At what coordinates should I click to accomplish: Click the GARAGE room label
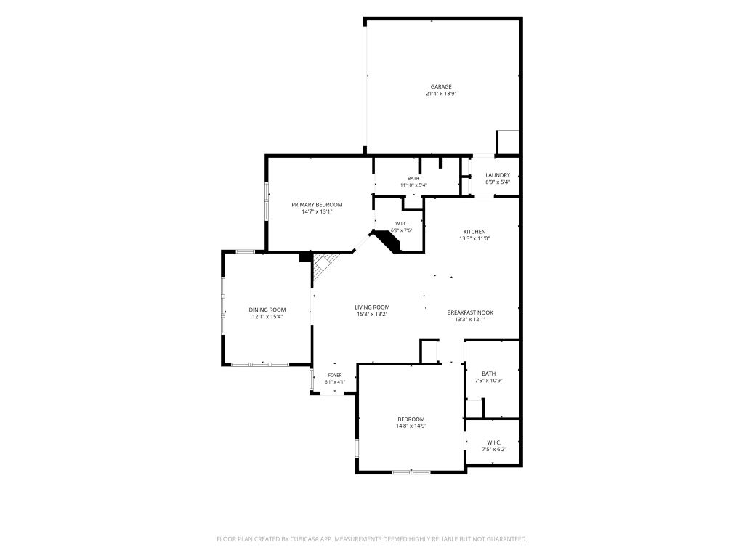pos(441,87)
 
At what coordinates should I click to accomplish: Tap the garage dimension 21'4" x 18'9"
pos(441,94)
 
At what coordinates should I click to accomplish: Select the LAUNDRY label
pos(498,175)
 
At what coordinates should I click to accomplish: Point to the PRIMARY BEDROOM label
pos(317,205)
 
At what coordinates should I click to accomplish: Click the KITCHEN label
pos(474,232)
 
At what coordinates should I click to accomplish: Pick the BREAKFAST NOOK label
pos(470,312)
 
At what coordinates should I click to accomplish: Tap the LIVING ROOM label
pos(373,307)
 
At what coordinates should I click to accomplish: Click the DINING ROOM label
pos(267,310)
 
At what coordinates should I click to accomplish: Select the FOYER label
pos(335,376)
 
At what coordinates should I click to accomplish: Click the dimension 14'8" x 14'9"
pos(411,426)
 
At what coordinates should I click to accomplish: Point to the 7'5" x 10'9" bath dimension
pos(489,381)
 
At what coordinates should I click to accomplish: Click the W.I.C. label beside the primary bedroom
pos(401,224)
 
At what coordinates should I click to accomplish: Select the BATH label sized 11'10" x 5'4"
pos(413,179)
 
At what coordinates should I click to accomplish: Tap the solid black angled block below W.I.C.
pos(387,240)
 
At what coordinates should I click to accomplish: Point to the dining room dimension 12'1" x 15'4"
pos(267,317)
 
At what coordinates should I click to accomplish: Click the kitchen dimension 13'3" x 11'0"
pos(474,238)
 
